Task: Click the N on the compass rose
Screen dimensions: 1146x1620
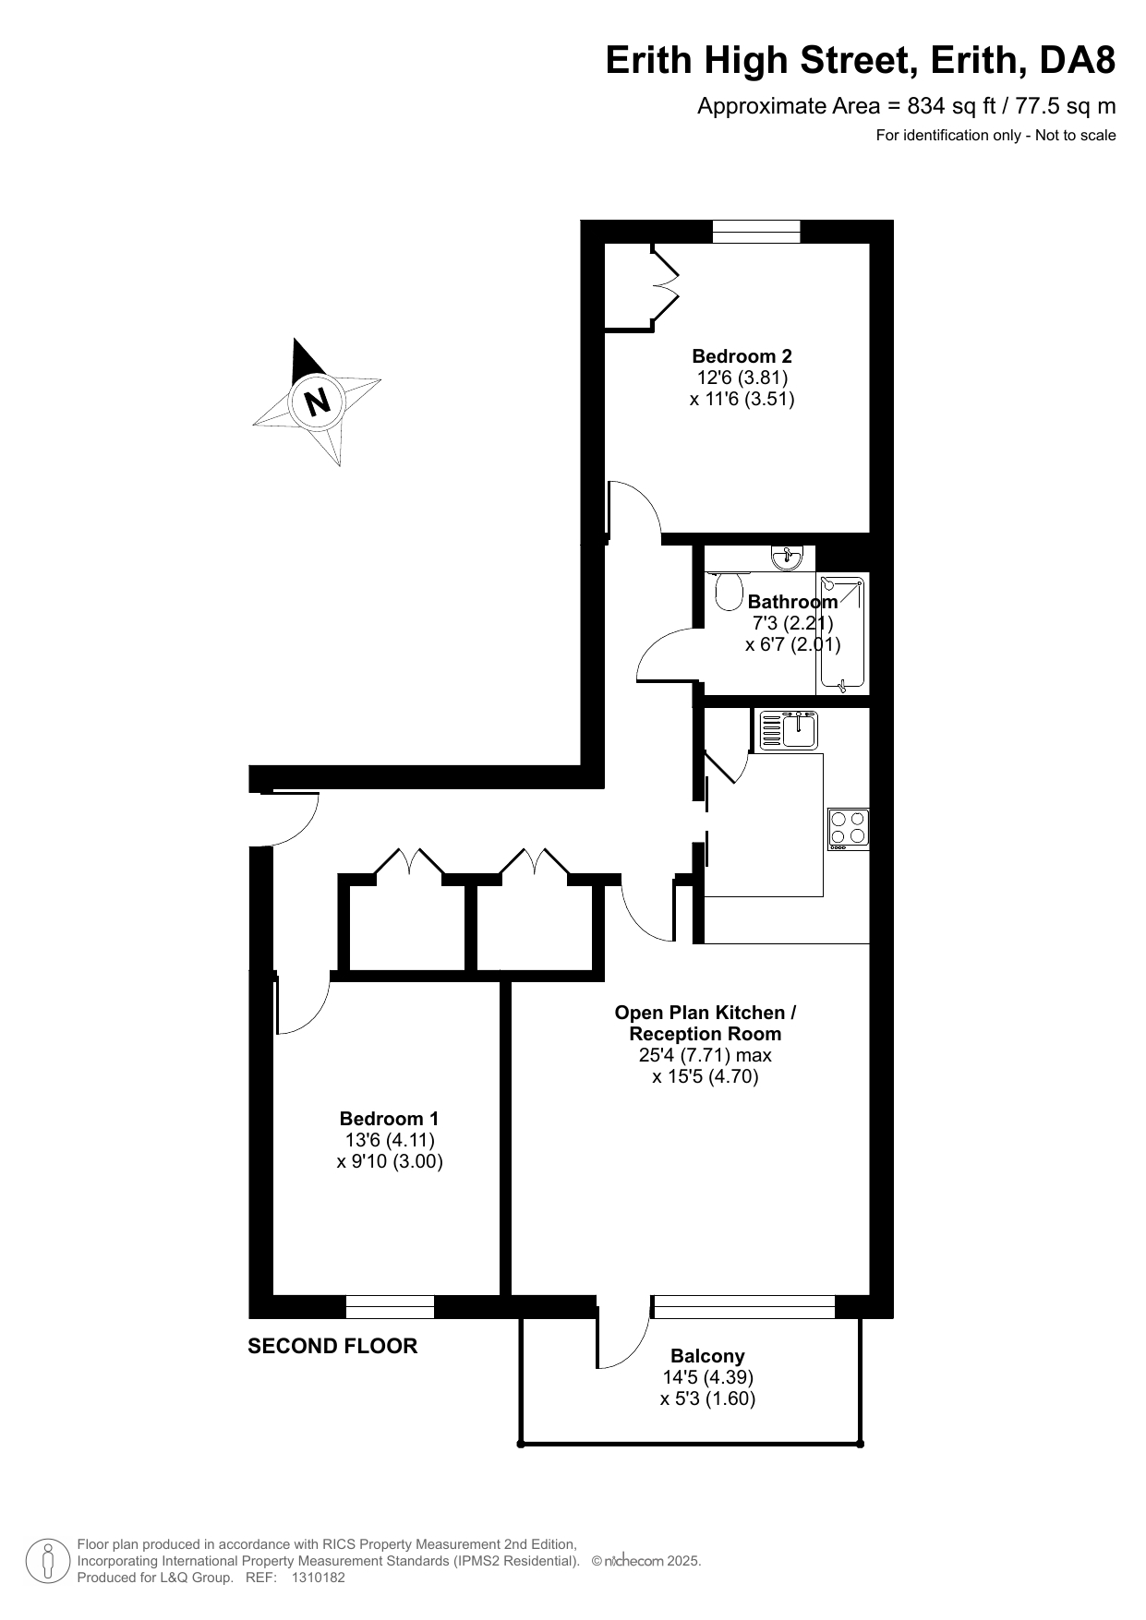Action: pos(318,402)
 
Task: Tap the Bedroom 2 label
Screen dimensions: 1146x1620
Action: pos(742,356)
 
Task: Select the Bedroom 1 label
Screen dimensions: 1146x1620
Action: pos(390,1119)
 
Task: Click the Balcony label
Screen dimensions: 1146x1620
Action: pos(707,1356)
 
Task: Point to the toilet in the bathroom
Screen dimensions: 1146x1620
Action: pos(729,590)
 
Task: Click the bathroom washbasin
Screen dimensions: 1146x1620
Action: pos(789,555)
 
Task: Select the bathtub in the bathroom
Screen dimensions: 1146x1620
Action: pos(842,633)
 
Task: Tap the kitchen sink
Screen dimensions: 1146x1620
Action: pos(789,730)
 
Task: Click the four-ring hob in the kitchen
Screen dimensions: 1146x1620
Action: pos(849,828)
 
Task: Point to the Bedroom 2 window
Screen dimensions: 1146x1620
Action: pos(756,232)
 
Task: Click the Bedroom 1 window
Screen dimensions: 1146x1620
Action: pos(390,1307)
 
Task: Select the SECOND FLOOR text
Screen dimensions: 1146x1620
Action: pos(332,1346)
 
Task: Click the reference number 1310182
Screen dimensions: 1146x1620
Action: pos(318,1578)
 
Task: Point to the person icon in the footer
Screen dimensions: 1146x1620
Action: pos(49,1561)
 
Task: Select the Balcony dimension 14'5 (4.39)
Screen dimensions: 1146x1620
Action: pos(707,1377)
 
